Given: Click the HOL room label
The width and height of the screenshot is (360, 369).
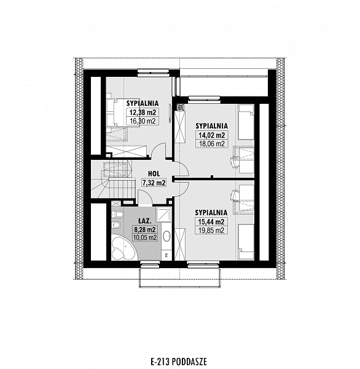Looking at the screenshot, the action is click(154, 174).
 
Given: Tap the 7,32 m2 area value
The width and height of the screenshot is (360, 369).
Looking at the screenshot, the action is click(154, 183).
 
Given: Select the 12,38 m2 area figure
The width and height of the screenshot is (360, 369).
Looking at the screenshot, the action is click(143, 113).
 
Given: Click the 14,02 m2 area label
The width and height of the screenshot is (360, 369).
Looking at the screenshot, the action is click(212, 135).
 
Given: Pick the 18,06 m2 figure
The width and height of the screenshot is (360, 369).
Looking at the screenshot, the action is click(212, 143).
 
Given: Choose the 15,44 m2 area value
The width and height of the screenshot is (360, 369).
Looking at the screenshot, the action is click(211, 221).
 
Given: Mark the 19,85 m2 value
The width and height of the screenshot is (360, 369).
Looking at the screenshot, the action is click(211, 230).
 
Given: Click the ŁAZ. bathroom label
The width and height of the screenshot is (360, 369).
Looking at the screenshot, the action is click(144, 221).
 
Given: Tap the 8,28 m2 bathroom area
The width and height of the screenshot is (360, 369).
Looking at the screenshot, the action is click(145, 229).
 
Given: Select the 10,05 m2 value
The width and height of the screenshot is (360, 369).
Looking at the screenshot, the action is click(145, 237).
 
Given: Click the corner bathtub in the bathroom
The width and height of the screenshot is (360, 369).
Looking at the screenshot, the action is click(124, 248).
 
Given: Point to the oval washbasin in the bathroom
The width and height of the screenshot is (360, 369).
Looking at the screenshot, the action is click(166, 236).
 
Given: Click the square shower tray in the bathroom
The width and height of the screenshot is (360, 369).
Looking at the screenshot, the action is click(164, 215).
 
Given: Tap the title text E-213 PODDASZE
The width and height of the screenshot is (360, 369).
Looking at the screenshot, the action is click(179, 362).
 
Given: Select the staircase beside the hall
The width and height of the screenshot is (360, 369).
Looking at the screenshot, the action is click(113, 180).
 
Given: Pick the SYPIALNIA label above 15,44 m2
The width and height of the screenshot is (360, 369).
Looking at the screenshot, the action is click(211, 213).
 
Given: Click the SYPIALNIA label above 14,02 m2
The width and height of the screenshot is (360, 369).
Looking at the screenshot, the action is click(212, 126).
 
